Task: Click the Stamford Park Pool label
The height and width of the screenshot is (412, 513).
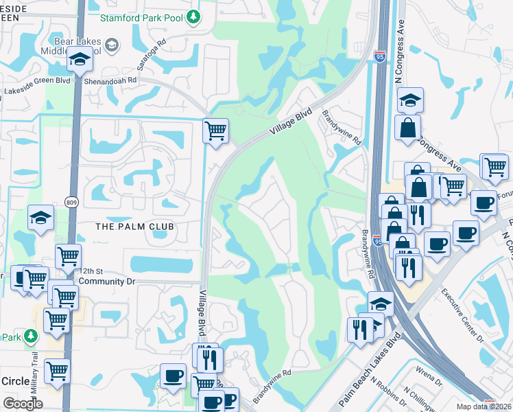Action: coord(143,16)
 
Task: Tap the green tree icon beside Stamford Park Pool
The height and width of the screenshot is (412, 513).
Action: coord(194,16)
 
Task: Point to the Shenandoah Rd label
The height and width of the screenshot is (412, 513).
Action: coord(111,80)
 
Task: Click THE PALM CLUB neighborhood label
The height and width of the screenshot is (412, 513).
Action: coord(134,226)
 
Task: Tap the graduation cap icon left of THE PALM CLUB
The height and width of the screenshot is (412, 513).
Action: coord(40,218)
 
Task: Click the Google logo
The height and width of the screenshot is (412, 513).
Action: coord(22,404)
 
